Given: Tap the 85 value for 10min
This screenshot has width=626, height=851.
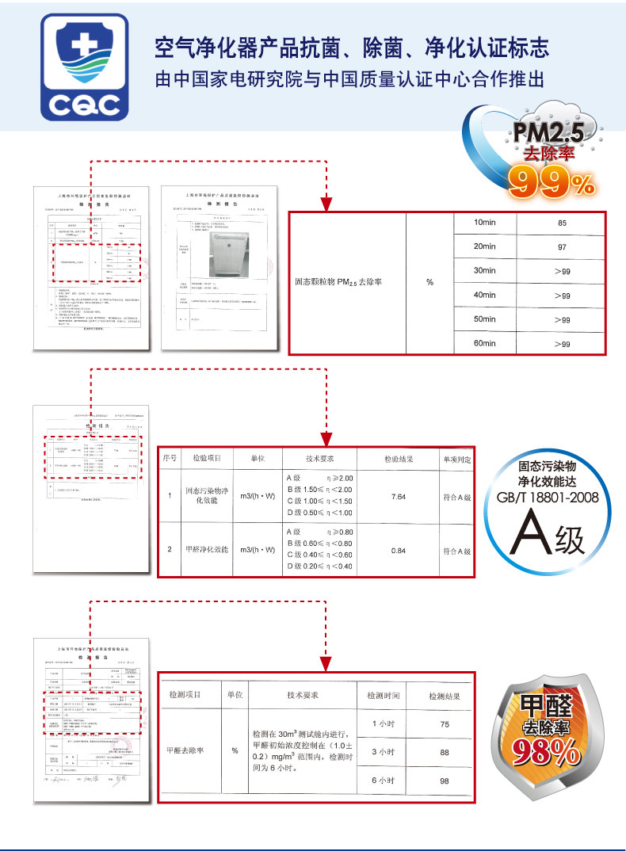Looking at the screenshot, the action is [x=562, y=223].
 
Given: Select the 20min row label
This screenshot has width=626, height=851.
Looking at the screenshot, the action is [x=483, y=247].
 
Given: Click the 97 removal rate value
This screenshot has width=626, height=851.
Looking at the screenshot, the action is [x=562, y=248].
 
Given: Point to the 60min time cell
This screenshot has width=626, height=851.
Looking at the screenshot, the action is [x=483, y=343].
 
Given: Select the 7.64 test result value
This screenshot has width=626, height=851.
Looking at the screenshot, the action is [x=399, y=497].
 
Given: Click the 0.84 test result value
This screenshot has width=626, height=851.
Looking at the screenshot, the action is [x=399, y=550].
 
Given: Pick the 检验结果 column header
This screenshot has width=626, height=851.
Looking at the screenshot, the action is [x=398, y=459].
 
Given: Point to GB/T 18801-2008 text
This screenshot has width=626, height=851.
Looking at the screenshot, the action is [x=548, y=497].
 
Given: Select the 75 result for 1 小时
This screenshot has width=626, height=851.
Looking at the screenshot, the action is [x=444, y=725].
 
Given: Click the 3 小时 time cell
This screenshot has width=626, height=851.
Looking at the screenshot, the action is [x=383, y=752].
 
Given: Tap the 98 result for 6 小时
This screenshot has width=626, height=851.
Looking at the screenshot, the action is [x=444, y=781].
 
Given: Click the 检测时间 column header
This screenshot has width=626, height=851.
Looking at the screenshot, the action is [x=383, y=696].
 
